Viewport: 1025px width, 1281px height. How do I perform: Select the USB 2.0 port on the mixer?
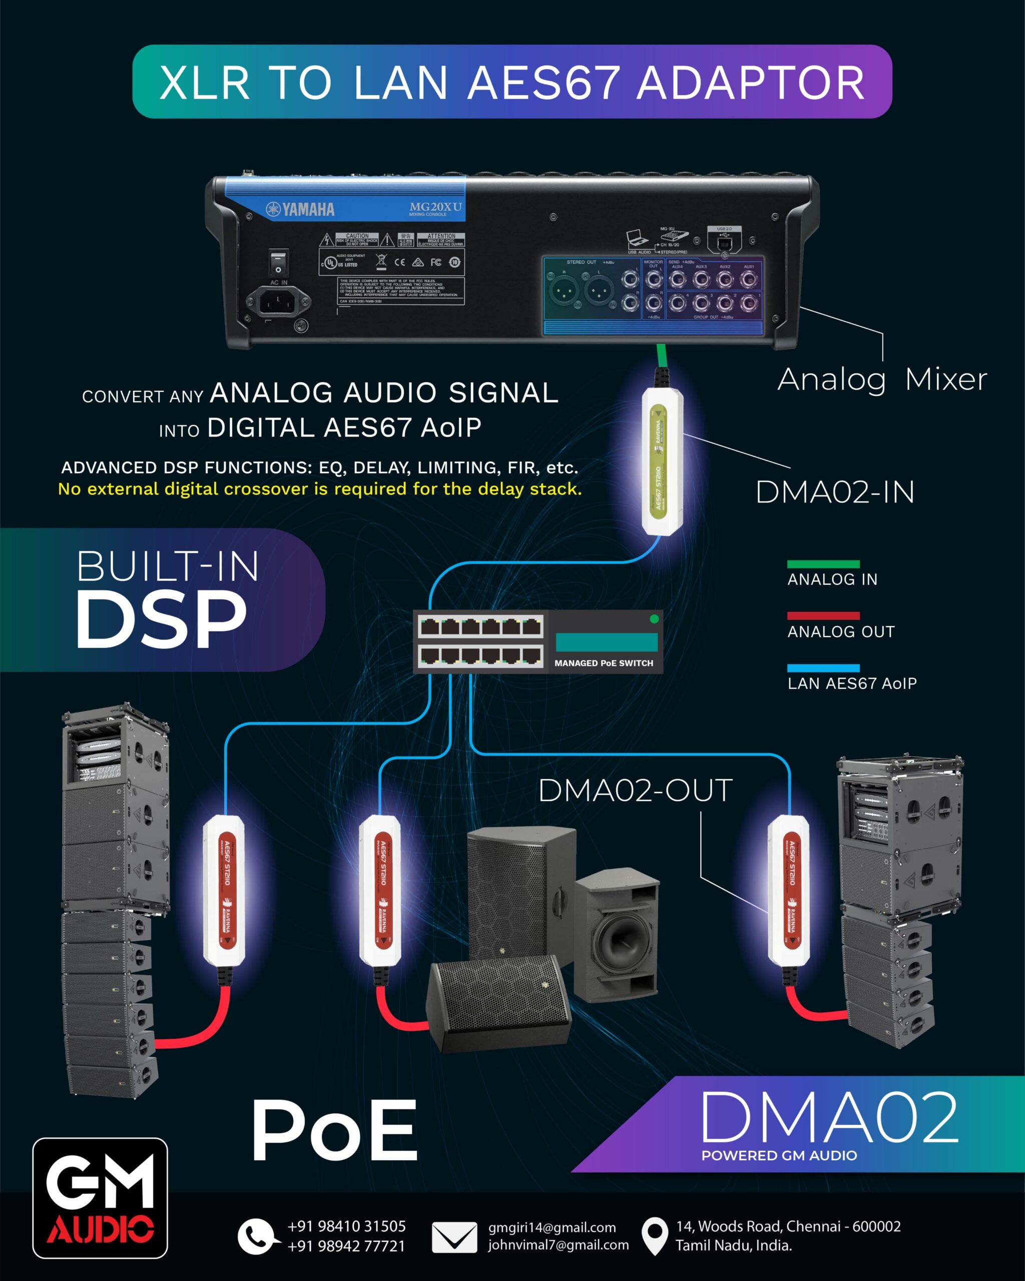[724, 242]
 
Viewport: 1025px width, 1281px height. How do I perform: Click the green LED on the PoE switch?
[654, 619]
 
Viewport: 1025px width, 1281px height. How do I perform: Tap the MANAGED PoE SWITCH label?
[603, 663]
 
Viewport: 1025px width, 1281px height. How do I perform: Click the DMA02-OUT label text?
[635, 791]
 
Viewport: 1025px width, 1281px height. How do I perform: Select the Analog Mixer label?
[882, 379]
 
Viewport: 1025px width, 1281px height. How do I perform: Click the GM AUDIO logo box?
[100, 1198]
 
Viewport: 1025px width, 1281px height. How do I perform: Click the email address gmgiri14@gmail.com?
[552, 1227]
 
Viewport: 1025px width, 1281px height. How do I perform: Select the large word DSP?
[161, 620]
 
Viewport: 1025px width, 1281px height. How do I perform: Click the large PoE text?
[334, 1131]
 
